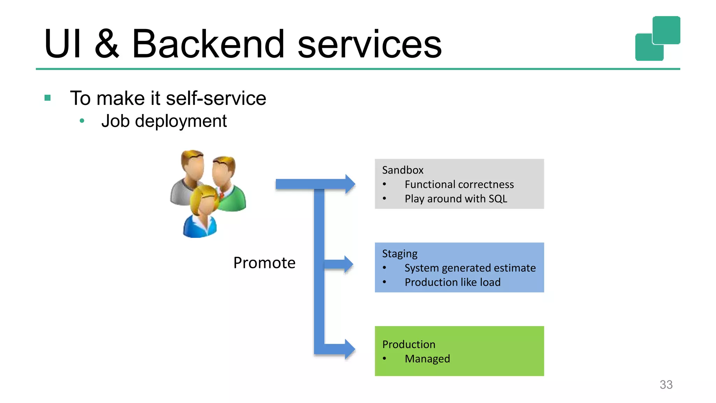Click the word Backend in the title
[208, 44]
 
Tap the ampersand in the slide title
[107, 44]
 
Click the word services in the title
[370, 44]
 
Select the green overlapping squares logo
[658, 38]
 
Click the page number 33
[666, 384]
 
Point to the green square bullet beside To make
[48, 98]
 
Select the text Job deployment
[164, 121]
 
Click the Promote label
[264, 263]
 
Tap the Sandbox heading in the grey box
[403, 170]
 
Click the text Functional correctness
[459, 184]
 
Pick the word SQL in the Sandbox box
[498, 199]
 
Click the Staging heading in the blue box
[400, 254]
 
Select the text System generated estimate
[470, 268]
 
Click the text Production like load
[452, 282]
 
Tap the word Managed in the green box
[427, 359]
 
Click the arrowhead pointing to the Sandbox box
[350, 184]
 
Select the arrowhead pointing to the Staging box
[348, 264]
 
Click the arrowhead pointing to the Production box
[349, 349]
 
